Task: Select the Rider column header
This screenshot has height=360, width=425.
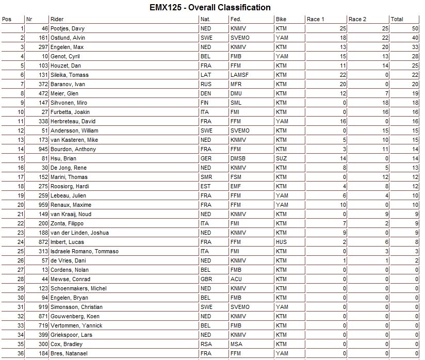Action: tap(57, 19)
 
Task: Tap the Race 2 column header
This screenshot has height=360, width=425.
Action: tap(357, 19)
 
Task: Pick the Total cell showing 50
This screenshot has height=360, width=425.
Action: tap(415, 28)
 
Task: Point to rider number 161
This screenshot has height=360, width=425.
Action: tap(42, 38)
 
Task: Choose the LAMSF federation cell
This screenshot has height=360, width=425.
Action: tap(239, 75)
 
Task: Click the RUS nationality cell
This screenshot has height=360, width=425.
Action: tap(206, 84)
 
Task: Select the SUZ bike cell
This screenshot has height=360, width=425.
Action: tap(281, 158)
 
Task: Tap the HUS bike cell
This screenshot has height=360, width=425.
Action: tap(281, 242)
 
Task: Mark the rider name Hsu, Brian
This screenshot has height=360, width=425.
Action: tap(63, 158)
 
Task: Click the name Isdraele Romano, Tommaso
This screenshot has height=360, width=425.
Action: tap(85, 251)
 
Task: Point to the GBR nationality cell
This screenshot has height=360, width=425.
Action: tap(206, 279)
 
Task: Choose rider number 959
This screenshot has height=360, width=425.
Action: tap(42, 205)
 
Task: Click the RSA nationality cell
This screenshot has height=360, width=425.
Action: tap(206, 344)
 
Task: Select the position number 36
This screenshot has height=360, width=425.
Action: tap(21, 353)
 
